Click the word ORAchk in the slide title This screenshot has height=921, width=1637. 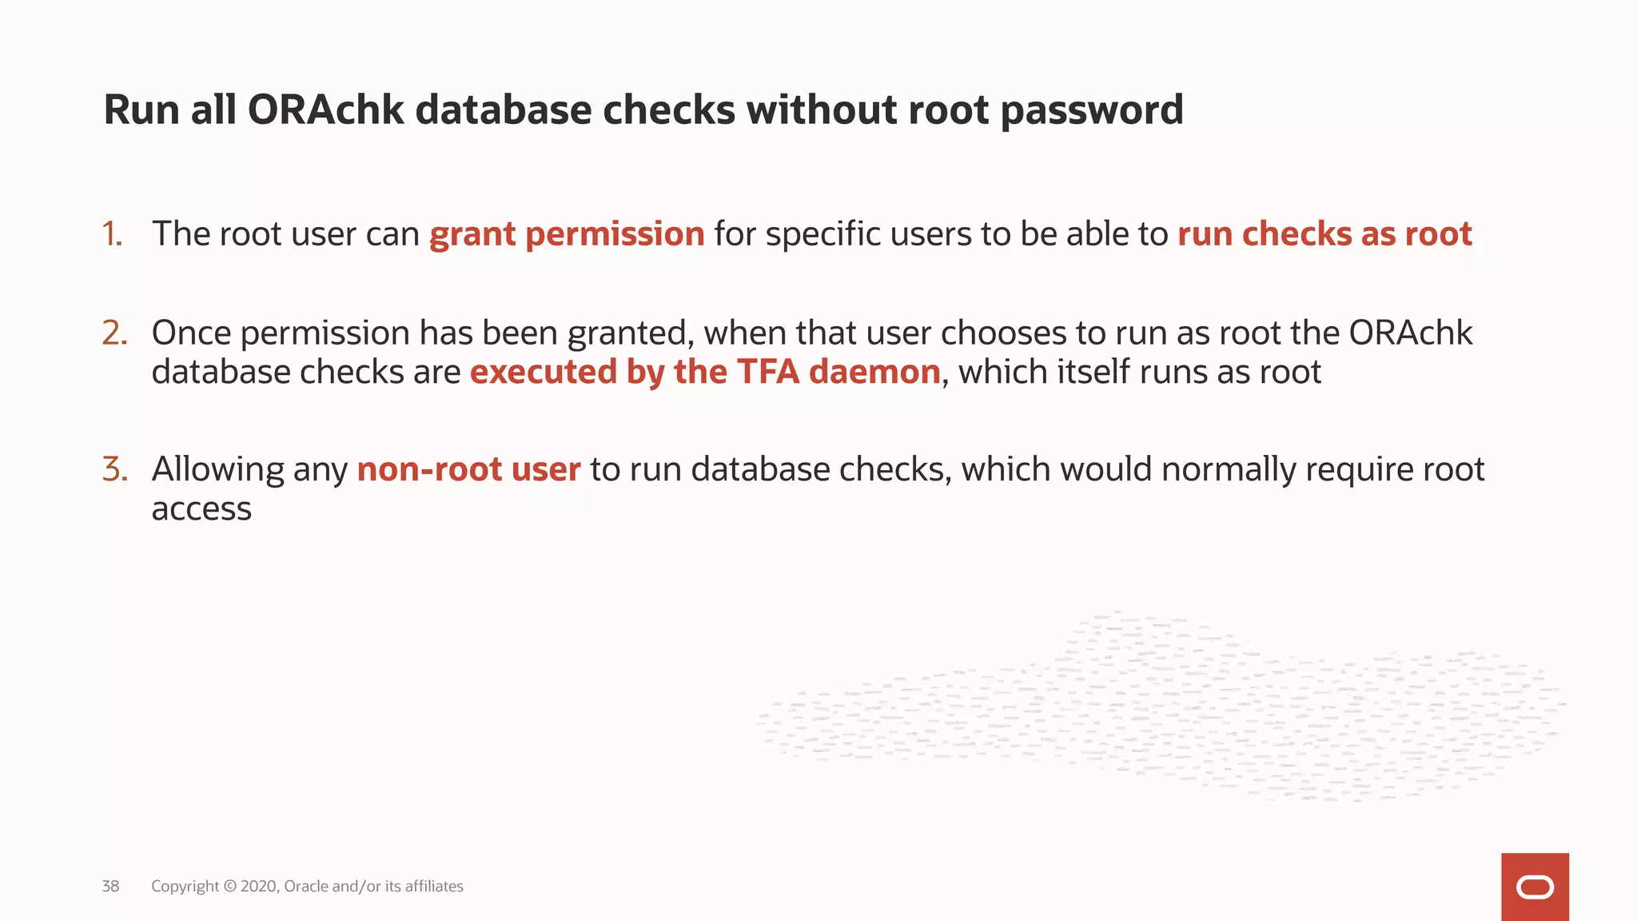tap(326, 110)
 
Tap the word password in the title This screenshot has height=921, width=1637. tap(1091, 110)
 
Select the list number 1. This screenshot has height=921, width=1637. tap(113, 234)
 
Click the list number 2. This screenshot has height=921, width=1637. tap(115, 333)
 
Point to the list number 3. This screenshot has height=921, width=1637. tap(115, 469)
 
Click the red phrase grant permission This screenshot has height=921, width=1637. tap(567, 234)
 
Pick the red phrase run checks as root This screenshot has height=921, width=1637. tap(1324, 234)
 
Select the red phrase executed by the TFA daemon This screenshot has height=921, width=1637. tap(705, 373)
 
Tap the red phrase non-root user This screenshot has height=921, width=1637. tap(468, 469)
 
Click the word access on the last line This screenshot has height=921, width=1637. tap(201, 509)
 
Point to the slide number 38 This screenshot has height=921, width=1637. tap(110, 886)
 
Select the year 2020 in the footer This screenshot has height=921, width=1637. tap(259, 886)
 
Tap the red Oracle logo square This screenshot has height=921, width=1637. tap(1535, 887)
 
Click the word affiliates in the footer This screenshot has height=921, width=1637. tap(434, 886)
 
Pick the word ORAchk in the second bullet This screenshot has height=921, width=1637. tap(1411, 333)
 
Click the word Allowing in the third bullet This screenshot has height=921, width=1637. tap(217, 469)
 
